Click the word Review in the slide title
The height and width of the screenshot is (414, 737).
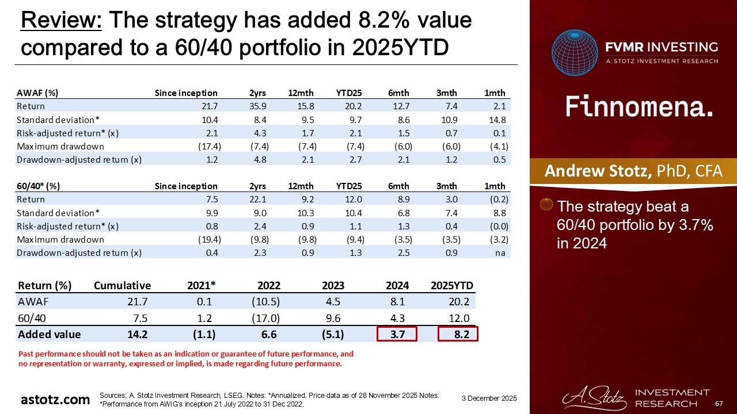[61, 21]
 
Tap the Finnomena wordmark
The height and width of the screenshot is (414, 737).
[639, 106]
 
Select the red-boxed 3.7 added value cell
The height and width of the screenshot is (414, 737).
[397, 334]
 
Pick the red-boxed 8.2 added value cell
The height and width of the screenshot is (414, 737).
[458, 334]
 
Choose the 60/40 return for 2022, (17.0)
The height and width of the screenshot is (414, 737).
[266, 318]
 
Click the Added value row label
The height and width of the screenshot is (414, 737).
[50, 334]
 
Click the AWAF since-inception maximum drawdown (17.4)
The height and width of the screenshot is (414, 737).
[206, 146]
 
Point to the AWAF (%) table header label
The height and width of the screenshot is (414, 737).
[37, 93]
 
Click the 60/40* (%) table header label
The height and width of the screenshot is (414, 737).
[39, 186]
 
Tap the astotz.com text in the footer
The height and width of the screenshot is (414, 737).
[55, 400]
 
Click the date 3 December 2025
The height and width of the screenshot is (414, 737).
[489, 398]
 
